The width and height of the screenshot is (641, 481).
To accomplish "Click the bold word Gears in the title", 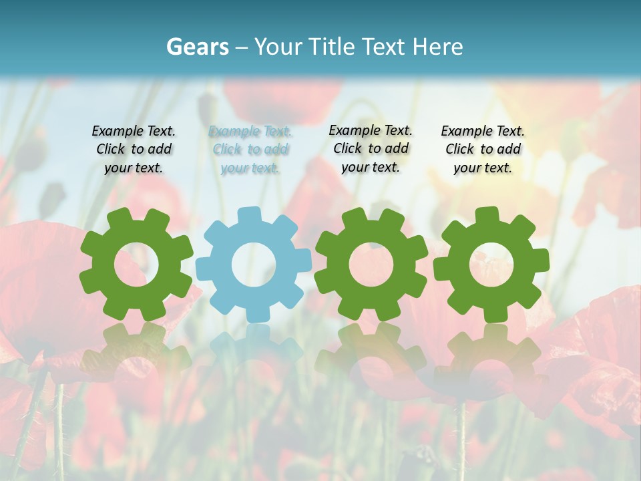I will (x=196, y=47).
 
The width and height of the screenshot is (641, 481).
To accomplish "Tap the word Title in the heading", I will (x=334, y=47).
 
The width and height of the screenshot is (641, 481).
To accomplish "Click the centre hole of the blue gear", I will (x=254, y=265).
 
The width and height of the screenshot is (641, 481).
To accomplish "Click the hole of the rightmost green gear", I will (x=491, y=265).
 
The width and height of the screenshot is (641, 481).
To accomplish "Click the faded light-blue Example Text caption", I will (x=250, y=150).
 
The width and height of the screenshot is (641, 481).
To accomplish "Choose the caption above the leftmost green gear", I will (x=134, y=150).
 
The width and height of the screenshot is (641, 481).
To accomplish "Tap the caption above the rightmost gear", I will (x=483, y=150).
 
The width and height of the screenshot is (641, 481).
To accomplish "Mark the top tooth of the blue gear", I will (x=248, y=215).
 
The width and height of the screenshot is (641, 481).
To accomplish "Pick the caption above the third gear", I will (x=371, y=149).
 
